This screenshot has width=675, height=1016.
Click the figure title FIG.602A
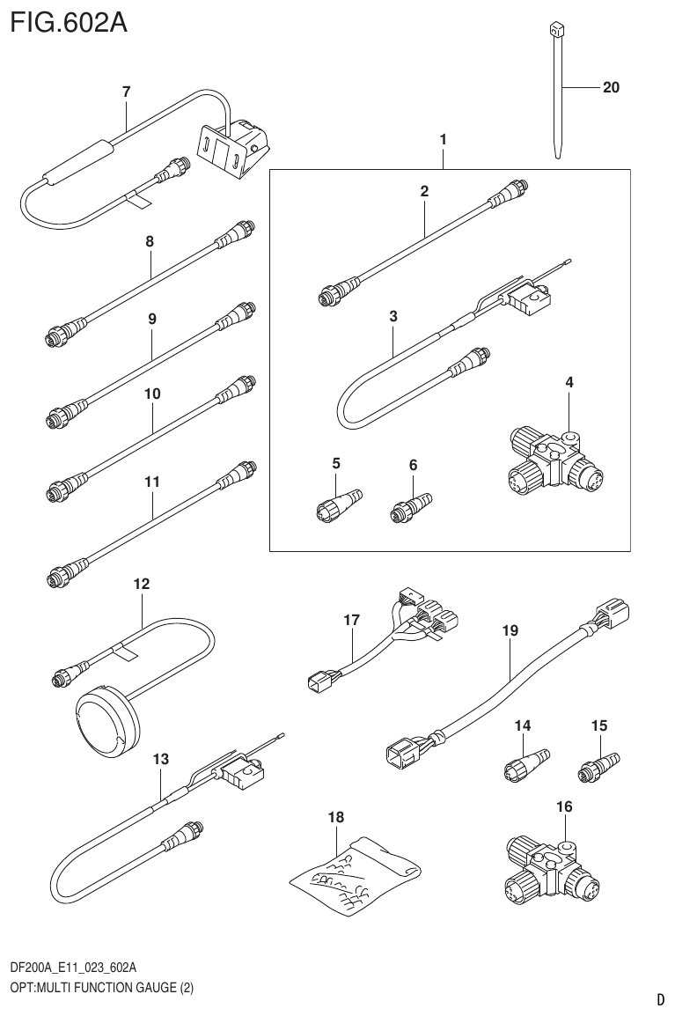pyautogui.click(x=69, y=21)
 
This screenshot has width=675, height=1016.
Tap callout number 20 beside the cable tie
pyautogui.click(x=612, y=87)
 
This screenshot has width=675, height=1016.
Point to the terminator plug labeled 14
pyautogui.click(x=525, y=760)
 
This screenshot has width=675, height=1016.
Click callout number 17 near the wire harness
pyautogui.click(x=351, y=620)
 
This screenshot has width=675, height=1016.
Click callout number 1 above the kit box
pyautogui.click(x=444, y=139)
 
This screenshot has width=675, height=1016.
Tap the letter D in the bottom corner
pyautogui.click(x=660, y=999)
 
